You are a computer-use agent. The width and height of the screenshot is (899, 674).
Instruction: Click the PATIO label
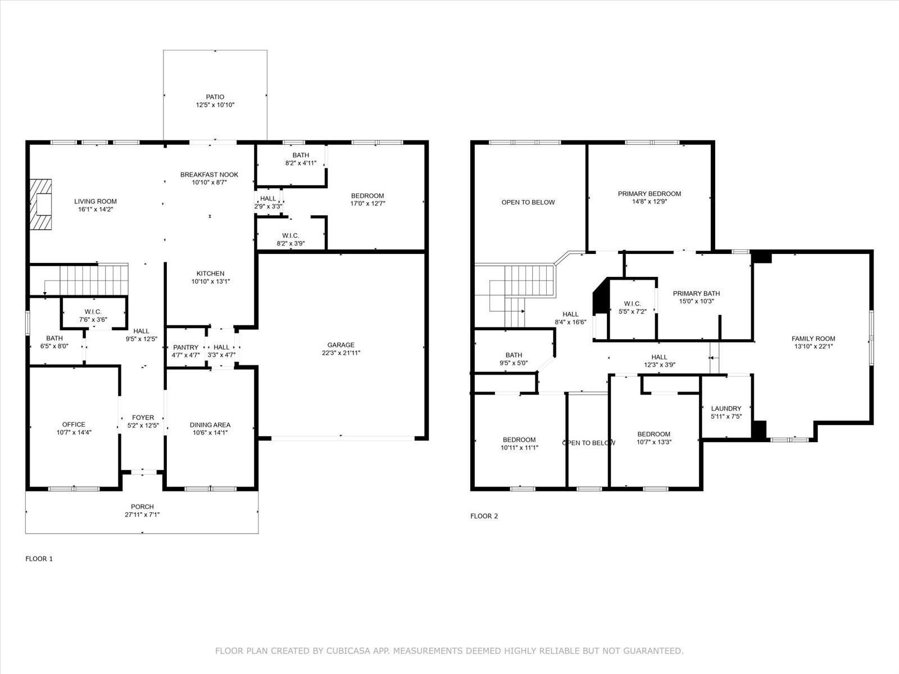[x=215, y=97]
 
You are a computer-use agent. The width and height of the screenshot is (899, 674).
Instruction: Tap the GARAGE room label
[x=340, y=345]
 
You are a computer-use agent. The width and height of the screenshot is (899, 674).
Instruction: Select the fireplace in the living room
[x=40, y=204]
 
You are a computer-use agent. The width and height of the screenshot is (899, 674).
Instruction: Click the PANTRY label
[x=185, y=348]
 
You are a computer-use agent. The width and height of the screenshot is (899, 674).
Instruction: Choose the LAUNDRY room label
[x=726, y=408]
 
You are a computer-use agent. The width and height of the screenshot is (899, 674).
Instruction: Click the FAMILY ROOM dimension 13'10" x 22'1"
[x=813, y=346]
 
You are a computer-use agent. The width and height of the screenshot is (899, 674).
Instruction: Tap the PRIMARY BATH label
[x=696, y=293]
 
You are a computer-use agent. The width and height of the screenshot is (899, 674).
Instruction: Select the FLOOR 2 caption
[x=484, y=516]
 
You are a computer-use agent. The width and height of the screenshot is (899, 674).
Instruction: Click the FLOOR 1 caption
[x=39, y=559]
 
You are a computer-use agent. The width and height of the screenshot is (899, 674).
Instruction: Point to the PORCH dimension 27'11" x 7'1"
[x=142, y=514]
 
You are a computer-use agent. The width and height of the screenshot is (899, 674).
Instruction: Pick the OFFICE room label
[x=74, y=425]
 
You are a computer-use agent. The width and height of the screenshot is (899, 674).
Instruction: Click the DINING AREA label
[x=210, y=425]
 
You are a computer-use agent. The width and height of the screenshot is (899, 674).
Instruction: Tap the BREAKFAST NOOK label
[x=209, y=175]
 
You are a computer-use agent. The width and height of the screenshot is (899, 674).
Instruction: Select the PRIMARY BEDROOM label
[x=650, y=194]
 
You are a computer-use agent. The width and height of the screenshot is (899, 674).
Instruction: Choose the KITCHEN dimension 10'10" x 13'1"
[x=211, y=281]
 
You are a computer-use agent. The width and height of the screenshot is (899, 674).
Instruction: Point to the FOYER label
[x=143, y=417]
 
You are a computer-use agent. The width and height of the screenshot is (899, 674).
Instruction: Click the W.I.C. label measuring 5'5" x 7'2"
[x=632, y=304]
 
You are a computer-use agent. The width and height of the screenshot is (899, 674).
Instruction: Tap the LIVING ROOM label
[x=96, y=201]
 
